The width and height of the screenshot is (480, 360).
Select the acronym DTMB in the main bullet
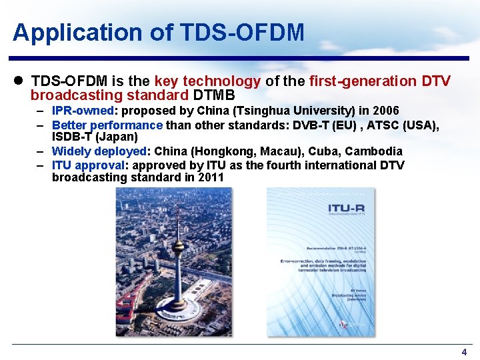pyautogui.click(x=214, y=95)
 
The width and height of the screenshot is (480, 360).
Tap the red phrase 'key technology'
pyautogui.click(x=207, y=81)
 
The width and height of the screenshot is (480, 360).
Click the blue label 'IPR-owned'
pyautogui.click(x=83, y=111)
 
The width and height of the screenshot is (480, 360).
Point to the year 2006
pyautogui.click(x=386, y=111)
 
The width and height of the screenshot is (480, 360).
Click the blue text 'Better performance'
pyautogui.click(x=107, y=125)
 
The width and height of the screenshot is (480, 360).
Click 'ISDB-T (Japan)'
pyautogui.click(x=95, y=137)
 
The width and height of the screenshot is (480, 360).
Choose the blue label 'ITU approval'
pyautogui.click(x=88, y=165)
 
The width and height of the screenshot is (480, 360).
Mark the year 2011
pyautogui.click(x=211, y=178)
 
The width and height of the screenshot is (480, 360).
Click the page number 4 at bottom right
pyautogui.click(x=464, y=352)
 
